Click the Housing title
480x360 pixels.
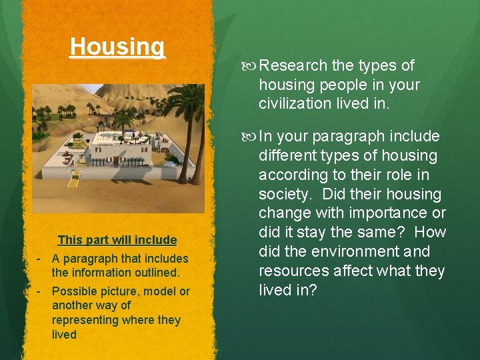[117, 47]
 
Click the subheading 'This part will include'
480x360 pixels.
[117, 240]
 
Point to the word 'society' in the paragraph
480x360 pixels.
[284, 195]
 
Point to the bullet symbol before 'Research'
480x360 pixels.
[251, 66]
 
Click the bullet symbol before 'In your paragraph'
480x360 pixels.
[251, 137]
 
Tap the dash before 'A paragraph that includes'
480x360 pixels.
[39, 259]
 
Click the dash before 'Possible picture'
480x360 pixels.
[39, 291]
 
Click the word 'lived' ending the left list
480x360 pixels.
[64, 335]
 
